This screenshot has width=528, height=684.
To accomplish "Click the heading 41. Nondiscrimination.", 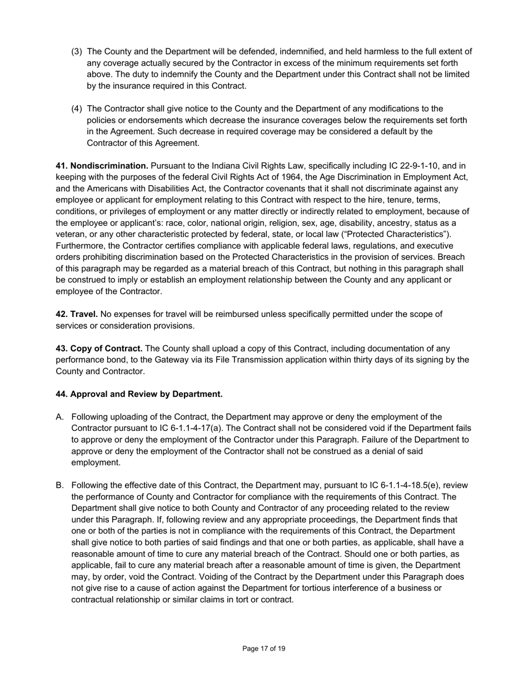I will tap(102, 166).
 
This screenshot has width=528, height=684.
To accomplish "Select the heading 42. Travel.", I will tap(77, 314).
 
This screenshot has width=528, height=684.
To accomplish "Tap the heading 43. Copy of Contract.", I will tap(99, 349).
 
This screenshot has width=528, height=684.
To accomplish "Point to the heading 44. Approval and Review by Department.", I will tap(139, 394).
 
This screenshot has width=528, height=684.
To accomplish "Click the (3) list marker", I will tap(77, 52).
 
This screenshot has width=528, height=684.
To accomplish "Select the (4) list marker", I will tap(77, 108).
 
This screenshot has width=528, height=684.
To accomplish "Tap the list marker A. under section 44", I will tap(61, 417).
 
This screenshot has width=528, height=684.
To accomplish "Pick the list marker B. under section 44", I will tap(61, 485).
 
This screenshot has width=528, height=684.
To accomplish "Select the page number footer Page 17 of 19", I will tap(264, 648).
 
